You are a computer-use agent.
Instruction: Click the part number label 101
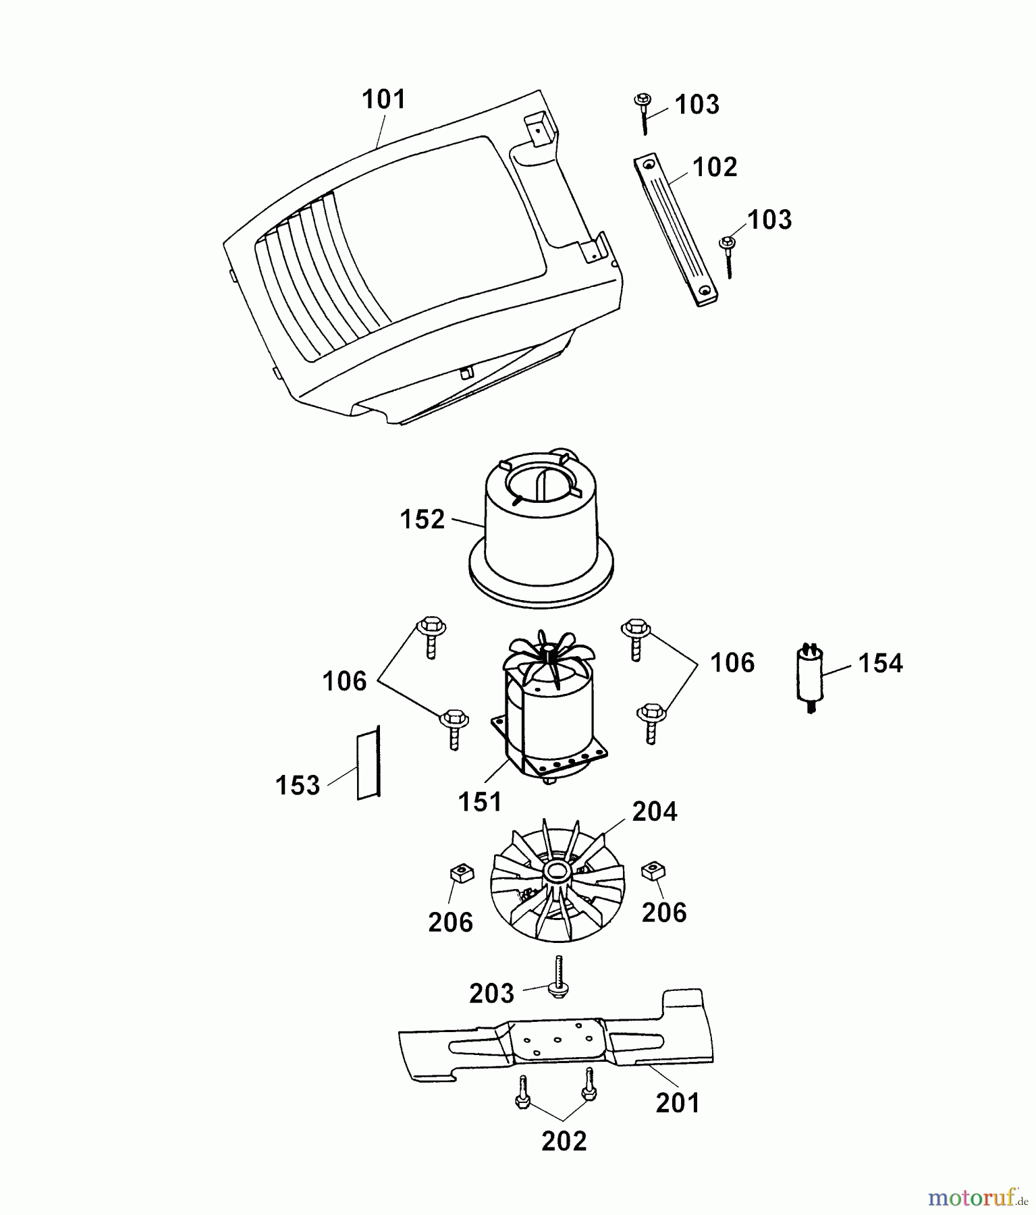[x=384, y=99]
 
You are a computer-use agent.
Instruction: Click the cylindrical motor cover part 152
[x=540, y=533]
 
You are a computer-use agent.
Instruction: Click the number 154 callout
[x=880, y=663]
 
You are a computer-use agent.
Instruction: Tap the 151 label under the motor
[x=480, y=802]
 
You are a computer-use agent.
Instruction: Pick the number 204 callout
[x=655, y=811]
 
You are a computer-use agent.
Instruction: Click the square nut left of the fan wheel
[x=459, y=876]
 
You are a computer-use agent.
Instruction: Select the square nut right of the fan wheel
[x=653, y=871]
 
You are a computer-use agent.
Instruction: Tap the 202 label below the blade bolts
[x=564, y=1141]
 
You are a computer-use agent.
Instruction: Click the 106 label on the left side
[x=344, y=681]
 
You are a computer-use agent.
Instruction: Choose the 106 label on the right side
[x=732, y=662]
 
